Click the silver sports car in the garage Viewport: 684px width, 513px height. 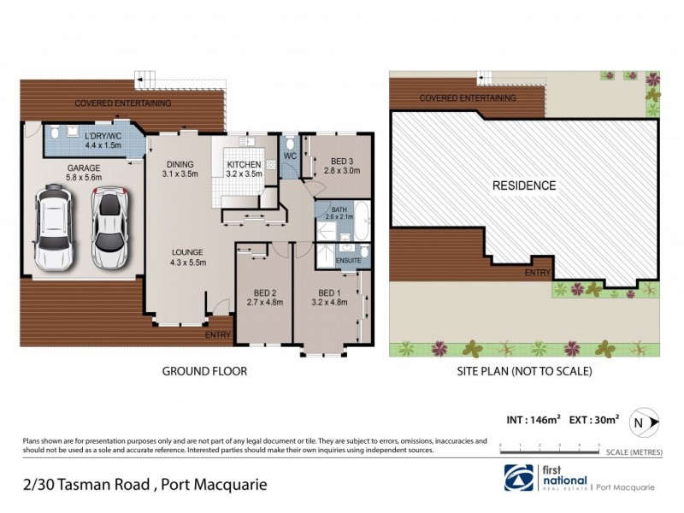point(109,228)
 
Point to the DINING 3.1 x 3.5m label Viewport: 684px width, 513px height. point(180,169)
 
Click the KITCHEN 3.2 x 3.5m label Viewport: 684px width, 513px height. point(244,169)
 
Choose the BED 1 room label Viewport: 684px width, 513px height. point(326,297)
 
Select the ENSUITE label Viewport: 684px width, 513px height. point(348,260)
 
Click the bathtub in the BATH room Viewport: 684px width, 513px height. point(361,221)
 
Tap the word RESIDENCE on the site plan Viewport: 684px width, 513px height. point(524,186)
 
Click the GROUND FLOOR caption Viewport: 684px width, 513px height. point(204,372)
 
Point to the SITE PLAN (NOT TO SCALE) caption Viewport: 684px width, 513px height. point(526,372)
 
